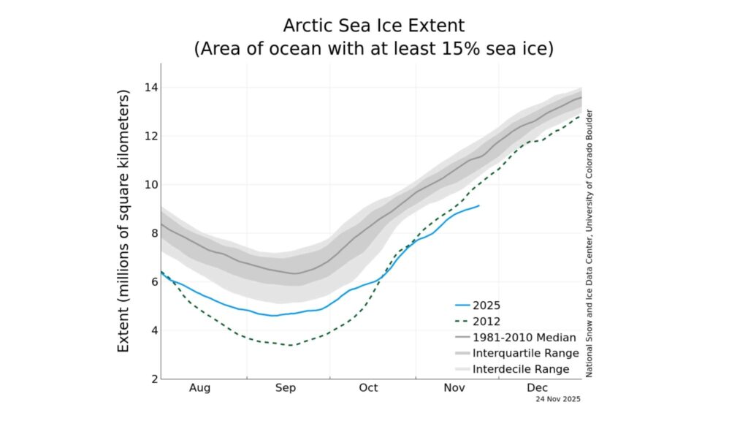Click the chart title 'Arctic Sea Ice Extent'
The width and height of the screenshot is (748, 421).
click(x=373, y=26)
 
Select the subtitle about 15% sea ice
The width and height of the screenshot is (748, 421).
click(x=373, y=50)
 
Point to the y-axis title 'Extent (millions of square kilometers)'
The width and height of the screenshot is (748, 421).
click(x=124, y=221)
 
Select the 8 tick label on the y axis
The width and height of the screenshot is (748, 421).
click(x=152, y=233)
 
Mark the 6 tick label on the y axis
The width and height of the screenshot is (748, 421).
click(x=152, y=282)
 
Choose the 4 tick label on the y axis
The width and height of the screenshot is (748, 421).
click(x=152, y=330)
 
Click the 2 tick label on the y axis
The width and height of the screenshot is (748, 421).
click(x=152, y=379)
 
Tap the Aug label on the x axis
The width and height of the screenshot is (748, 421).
click(x=199, y=388)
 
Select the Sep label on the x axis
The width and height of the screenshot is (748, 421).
click(x=285, y=388)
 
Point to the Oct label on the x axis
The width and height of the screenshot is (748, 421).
click(x=368, y=388)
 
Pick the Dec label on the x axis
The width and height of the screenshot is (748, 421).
click(x=537, y=388)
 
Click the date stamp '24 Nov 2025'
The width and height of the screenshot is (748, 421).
click(x=557, y=400)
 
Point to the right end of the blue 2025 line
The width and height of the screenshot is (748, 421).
click(x=479, y=205)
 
